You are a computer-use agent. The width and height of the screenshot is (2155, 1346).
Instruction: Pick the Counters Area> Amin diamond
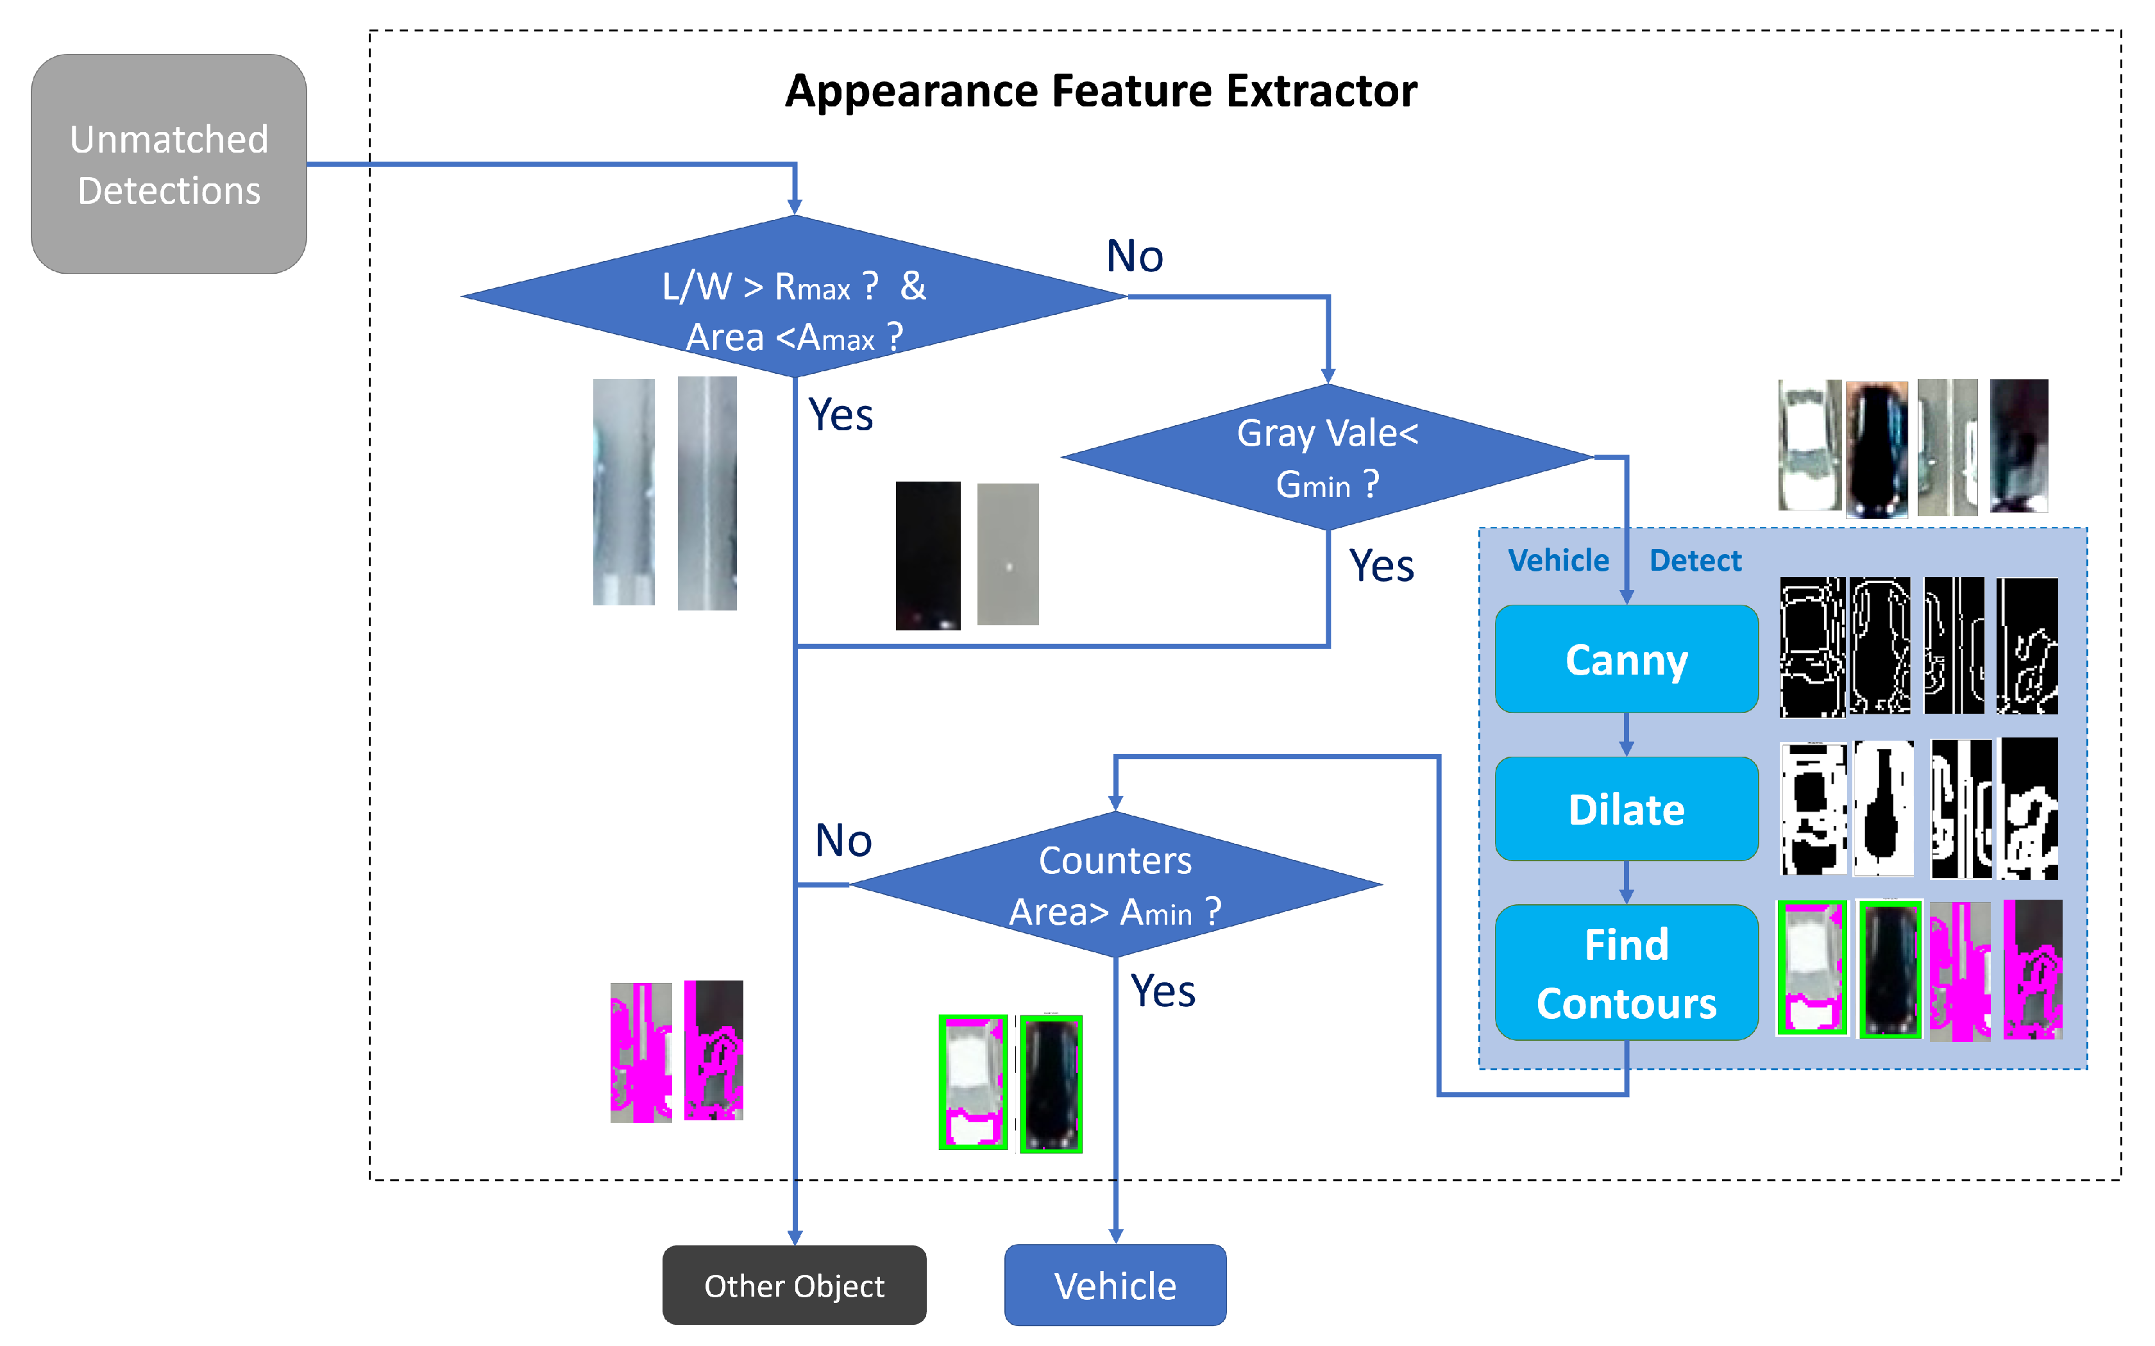tap(1115, 885)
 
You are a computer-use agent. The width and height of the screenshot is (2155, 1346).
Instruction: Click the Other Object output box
tap(794, 1286)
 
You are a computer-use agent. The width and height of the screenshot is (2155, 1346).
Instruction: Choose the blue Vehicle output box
tap(1115, 1286)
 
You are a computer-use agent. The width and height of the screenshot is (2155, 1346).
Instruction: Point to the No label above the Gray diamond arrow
tap(1134, 257)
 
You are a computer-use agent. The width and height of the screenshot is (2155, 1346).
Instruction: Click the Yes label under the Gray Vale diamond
tap(1381, 566)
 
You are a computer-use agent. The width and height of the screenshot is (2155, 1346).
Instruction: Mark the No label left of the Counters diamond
tap(843, 840)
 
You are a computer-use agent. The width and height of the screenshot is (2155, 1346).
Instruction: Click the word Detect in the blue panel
tap(1694, 561)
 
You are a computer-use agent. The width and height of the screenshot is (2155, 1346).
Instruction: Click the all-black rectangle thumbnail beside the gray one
tap(927, 555)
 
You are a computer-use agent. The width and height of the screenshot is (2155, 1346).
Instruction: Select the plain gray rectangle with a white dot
tap(1007, 553)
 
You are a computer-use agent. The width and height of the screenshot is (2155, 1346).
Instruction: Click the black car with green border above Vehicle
tap(1051, 1083)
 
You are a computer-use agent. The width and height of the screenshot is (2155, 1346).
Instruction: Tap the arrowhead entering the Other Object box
tap(795, 1238)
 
